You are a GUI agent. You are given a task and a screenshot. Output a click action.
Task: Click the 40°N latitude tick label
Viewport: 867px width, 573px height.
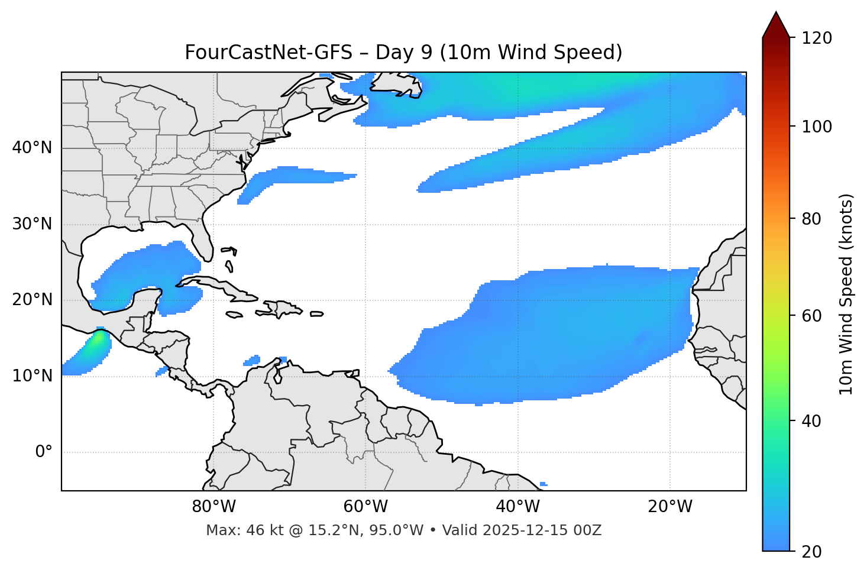32,148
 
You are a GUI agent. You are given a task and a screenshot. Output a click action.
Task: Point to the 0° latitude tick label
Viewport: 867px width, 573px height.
44,452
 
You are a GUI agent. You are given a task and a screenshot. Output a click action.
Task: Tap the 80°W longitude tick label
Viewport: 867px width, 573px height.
213,507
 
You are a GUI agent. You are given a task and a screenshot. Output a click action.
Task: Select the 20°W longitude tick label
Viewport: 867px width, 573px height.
670,507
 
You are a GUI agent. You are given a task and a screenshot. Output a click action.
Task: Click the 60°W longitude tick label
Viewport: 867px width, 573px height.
365,507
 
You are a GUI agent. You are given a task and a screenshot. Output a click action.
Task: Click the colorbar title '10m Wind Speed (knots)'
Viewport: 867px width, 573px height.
846,294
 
